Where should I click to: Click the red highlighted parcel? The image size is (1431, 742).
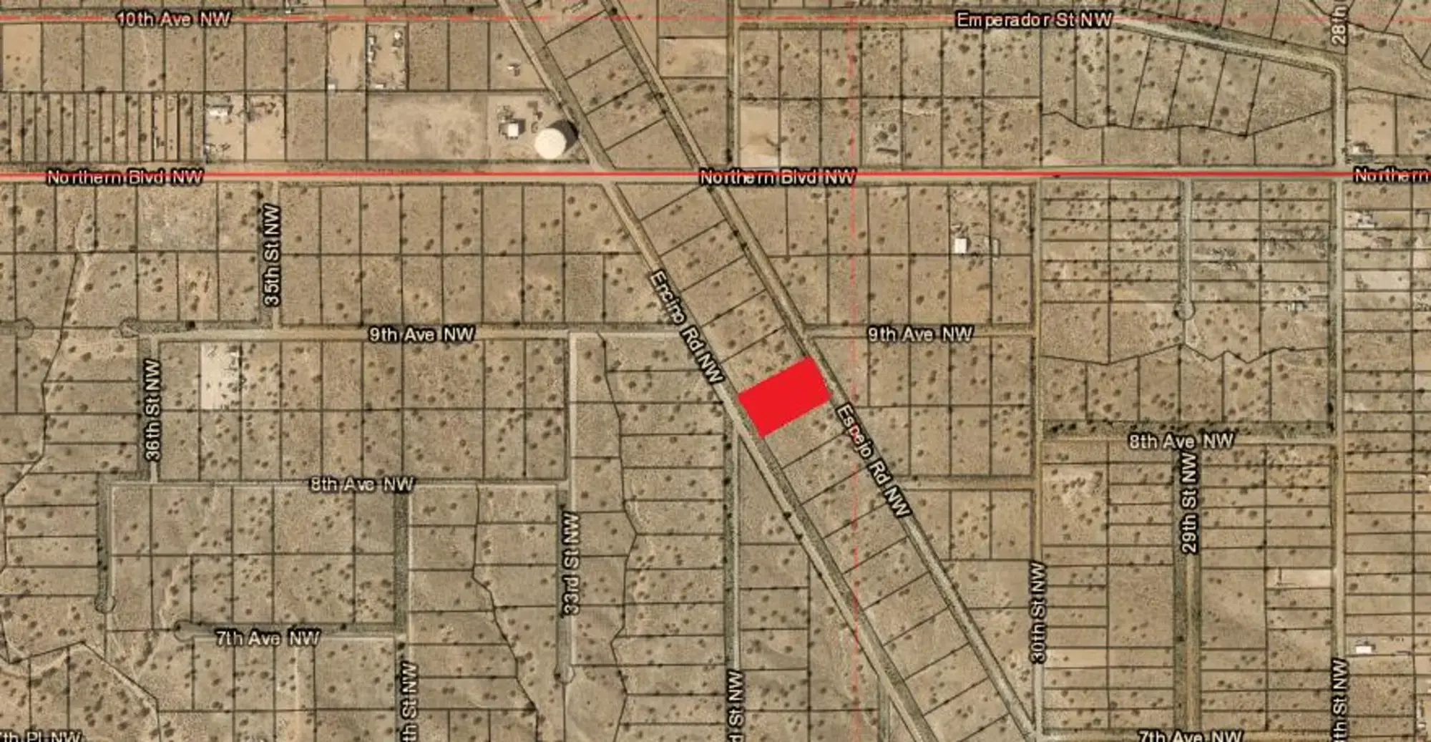[x=784, y=396]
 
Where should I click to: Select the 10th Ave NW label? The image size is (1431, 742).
[x=174, y=19]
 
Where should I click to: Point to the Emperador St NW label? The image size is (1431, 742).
[x=1034, y=20]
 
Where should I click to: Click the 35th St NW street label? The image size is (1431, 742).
[x=272, y=255]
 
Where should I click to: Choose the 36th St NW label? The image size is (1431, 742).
[x=152, y=409]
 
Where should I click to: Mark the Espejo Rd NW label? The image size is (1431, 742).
[x=873, y=460]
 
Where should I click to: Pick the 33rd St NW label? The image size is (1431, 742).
[x=570, y=563]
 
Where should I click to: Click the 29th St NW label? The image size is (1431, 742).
[x=1189, y=502]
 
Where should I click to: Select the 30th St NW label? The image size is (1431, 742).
[x=1038, y=612]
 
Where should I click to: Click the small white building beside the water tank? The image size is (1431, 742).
[x=512, y=130]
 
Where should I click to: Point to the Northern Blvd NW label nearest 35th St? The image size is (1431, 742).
[x=124, y=177]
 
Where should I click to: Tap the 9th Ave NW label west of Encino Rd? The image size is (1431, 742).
[x=421, y=334]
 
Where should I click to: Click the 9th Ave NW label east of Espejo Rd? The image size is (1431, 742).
[x=920, y=333]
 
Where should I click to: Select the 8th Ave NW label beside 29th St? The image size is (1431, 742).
[x=1181, y=441]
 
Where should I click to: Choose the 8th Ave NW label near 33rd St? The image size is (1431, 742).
[x=362, y=484]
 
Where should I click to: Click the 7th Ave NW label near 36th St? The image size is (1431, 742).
[x=268, y=638]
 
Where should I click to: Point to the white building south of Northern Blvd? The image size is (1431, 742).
[x=960, y=245]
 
